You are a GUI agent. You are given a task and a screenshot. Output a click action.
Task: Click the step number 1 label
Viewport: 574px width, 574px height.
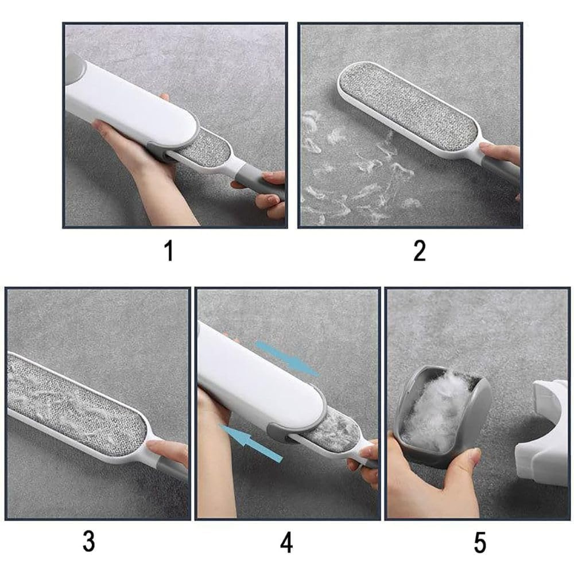[x=169, y=251]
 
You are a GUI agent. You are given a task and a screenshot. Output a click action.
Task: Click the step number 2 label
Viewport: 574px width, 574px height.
[x=420, y=251]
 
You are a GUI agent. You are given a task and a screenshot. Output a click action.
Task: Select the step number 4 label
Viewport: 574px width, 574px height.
[x=286, y=542]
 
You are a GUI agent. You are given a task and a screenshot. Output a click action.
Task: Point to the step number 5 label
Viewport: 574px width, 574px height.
[x=480, y=542]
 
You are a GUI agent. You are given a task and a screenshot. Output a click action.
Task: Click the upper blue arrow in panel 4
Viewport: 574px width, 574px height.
[x=287, y=358]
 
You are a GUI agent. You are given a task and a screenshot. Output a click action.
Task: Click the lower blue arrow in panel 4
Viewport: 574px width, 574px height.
[x=251, y=442]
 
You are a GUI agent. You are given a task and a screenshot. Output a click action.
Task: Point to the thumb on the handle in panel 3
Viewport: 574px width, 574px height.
[x=166, y=449]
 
